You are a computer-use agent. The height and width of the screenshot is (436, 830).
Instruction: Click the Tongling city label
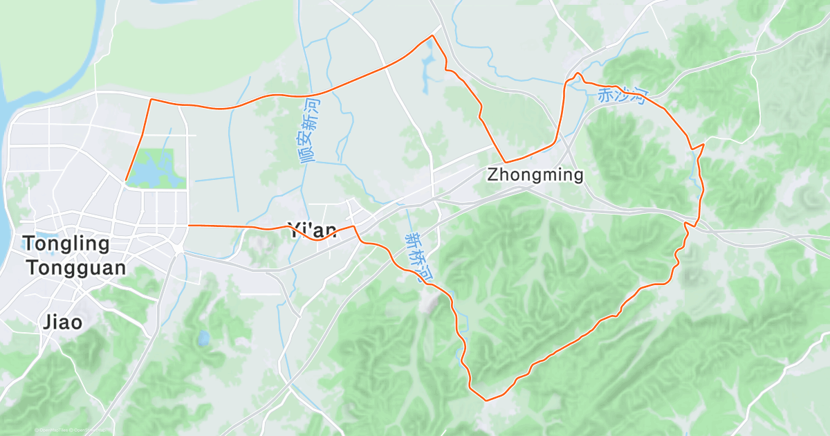[66, 244]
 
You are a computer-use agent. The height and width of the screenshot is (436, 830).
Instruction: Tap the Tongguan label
[77, 268]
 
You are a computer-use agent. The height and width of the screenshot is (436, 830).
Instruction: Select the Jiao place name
[62, 323]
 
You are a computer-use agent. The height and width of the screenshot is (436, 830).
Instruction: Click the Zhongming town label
[535, 175]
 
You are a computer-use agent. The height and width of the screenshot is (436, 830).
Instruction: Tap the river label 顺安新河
[311, 130]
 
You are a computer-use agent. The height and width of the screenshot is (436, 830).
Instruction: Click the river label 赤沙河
[621, 96]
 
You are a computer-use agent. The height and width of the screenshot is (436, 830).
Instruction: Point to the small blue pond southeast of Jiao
[203, 338]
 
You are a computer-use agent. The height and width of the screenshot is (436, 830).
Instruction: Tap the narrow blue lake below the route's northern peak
[427, 66]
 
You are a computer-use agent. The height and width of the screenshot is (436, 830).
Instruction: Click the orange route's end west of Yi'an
[188, 226]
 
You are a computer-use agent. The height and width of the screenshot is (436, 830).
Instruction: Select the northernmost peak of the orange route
[432, 35]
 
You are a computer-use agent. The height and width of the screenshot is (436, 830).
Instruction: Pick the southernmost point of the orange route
[486, 400]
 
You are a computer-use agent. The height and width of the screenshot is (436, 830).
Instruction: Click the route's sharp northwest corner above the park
[151, 100]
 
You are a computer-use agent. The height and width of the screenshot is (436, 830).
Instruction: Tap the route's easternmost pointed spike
[703, 145]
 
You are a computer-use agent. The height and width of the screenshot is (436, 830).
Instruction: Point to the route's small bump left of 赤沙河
[578, 73]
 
